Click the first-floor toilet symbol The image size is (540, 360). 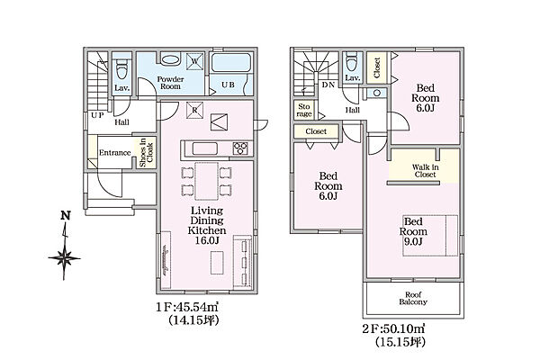click(x=121, y=68)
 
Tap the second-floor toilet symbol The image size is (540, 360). click(x=352, y=61)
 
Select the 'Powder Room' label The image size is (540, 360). click(x=170, y=83)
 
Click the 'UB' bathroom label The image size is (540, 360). click(x=228, y=84)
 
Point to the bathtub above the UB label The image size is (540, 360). click(x=230, y=63)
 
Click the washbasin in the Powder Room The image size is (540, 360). click(x=170, y=59)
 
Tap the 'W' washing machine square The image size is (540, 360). click(x=194, y=62)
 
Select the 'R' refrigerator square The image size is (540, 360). click(x=194, y=110)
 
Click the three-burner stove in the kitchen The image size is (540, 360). click(x=240, y=148)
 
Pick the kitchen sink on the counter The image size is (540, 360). click(x=204, y=148)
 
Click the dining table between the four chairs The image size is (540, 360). click(x=206, y=181)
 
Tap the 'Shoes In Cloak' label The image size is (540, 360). click(x=146, y=153)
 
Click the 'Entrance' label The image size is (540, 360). click(x=115, y=153)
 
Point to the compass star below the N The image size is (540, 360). click(x=65, y=258)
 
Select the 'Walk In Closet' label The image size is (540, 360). click(x=426, y=171)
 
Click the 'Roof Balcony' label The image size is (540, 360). click(x=413, y=298)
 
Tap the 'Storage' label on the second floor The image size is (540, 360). click(x=304, y=110)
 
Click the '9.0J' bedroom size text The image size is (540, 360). click(x=413, y=241)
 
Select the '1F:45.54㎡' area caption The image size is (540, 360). click(x=188, y=307)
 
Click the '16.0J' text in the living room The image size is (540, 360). click(x=207, y=240)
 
